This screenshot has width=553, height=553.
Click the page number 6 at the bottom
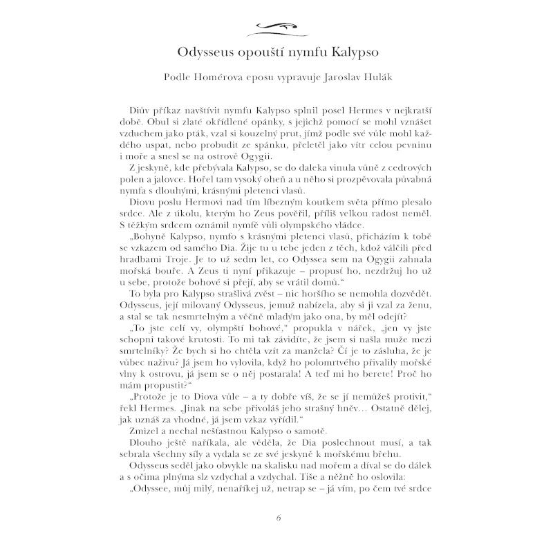pos(276,518)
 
